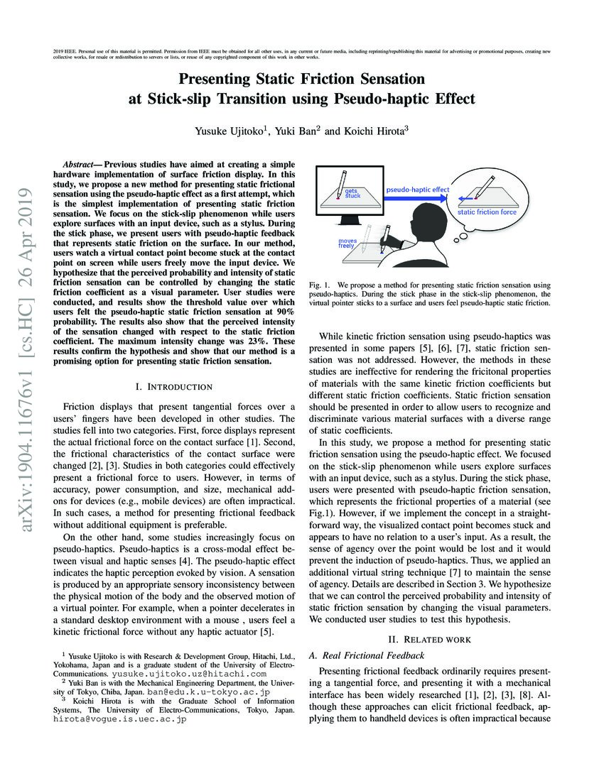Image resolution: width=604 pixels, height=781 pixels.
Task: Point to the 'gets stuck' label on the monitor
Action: click(x=353, y=194)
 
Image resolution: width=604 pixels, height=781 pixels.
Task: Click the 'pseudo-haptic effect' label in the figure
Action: click(x=417, y=190)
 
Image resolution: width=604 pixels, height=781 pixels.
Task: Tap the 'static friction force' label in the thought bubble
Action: click(x=487, y=212)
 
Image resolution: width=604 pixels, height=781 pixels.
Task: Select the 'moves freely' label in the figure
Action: click(x=347, y=244)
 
